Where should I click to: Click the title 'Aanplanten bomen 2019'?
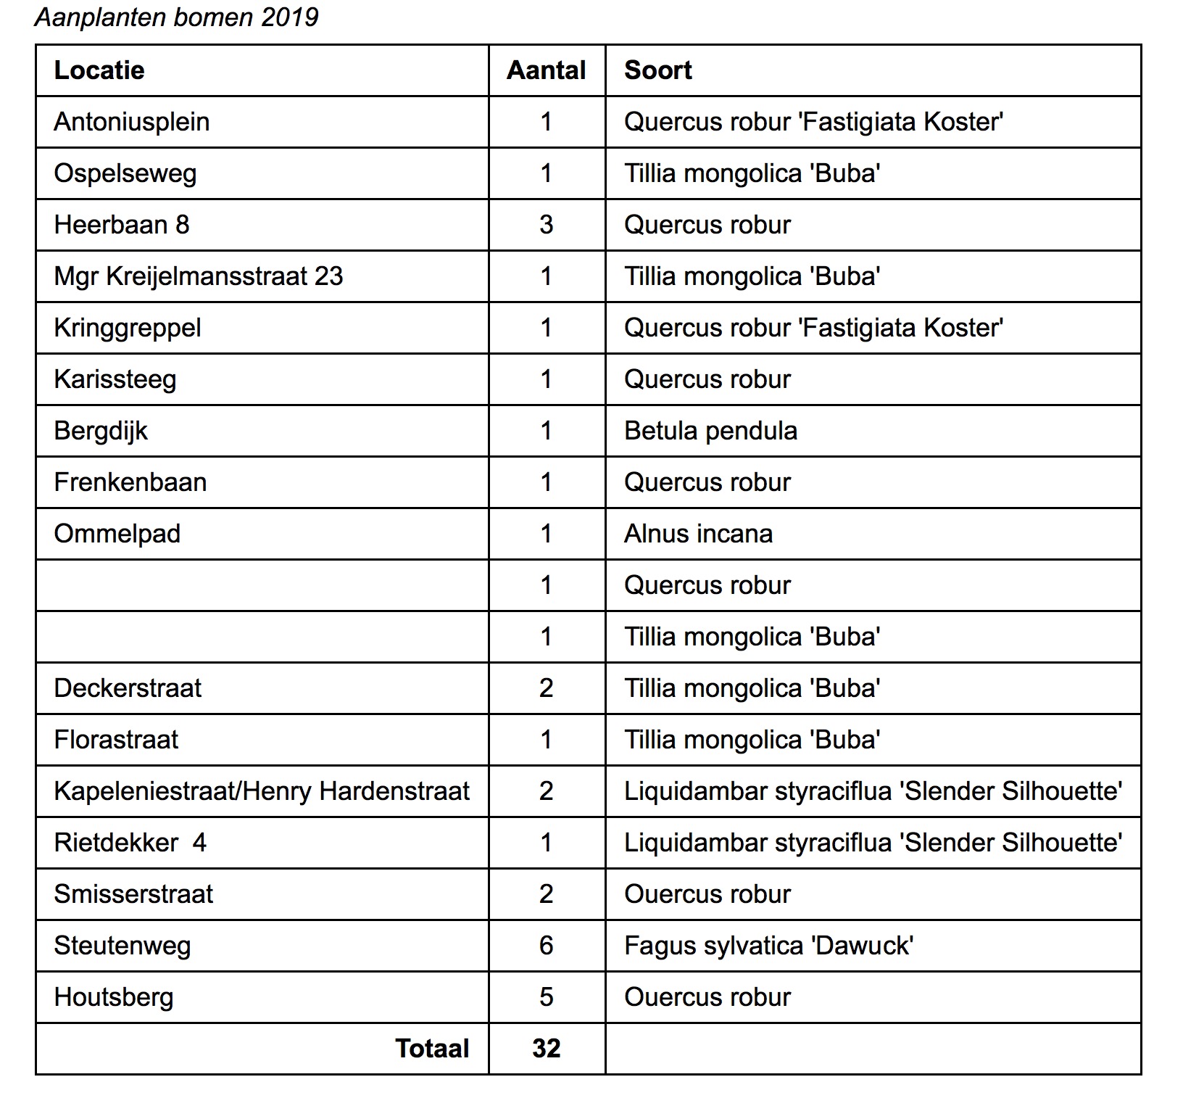(x=176, y=17)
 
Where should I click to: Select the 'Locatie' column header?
(x=99, y=70)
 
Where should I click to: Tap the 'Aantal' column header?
(x=547, y=70)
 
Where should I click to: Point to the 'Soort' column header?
(x=658, y=70)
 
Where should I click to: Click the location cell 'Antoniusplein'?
(x=132, y=122)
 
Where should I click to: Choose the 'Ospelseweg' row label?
(x=125, y=173)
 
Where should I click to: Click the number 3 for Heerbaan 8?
(x=547, y=225)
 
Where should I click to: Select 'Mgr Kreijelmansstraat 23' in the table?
(x=199, y=276)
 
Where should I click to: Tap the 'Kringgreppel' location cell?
(x=128, y=328)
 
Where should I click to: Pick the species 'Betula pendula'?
(x=710, y=431)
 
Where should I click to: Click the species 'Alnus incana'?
(x=698, y=534)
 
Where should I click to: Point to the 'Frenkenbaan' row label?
(x=130, y=482)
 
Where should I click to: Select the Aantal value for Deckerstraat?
(x=547, y=688)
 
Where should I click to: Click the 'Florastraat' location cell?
(x=116, y=740)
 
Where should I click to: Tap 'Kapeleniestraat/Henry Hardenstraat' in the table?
(x=262, y=791)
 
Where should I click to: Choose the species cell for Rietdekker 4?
(x=873, y=843)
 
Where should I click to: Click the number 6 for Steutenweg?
(x=547, y=946)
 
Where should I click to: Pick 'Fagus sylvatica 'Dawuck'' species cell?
(x=768, y=946)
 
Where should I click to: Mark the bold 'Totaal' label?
(x=432, y=1049)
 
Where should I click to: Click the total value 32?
(x=547, y=1049)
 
